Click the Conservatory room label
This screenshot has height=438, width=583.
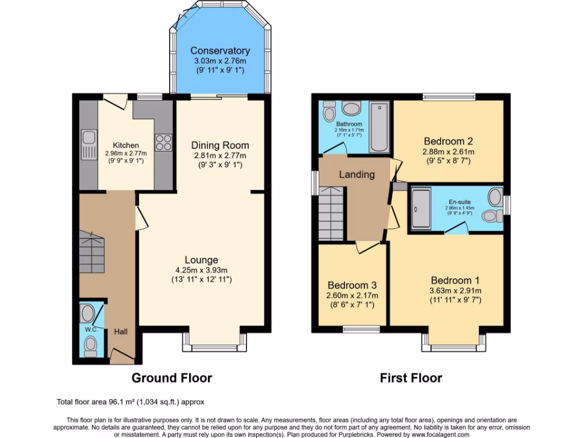point(220,51)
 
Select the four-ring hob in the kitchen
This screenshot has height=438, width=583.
point(163,141)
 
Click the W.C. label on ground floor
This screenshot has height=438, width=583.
point(90,330)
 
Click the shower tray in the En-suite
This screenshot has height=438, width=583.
point(421,208)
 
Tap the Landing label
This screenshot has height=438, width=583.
point(357,175)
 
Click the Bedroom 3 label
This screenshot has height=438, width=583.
point(352,285)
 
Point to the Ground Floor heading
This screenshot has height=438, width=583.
point(171,378)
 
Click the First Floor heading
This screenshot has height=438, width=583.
point(411,378)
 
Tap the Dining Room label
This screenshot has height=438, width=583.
point(220,145)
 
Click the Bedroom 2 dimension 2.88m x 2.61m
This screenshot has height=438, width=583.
point(448,152)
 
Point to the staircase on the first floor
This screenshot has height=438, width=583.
point(332,216)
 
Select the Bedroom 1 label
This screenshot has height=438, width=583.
point(455,281)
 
